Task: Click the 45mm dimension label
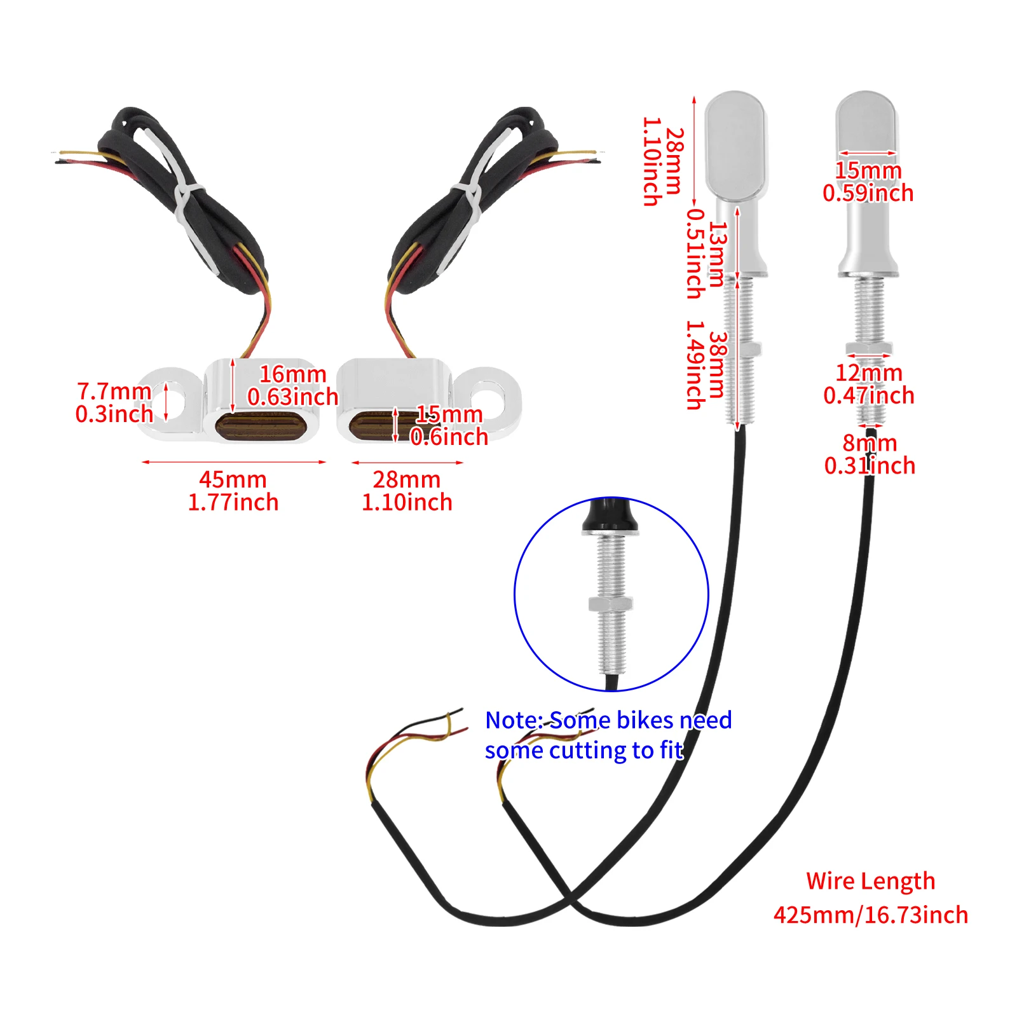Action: (233, 479)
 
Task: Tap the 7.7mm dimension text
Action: (114, 391)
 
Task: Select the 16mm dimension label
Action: (292, 374)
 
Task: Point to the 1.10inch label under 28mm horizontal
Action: (407, 503)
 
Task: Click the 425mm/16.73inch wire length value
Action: (870, 915)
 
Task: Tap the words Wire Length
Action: (870, 881)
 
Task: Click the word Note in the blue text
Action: (512, 720)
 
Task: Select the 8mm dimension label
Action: (870, 443)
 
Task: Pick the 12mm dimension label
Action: (868, 373)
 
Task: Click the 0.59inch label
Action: (868, 193)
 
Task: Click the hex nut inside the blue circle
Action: (611, 603)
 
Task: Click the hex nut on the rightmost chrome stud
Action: (869, 348)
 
